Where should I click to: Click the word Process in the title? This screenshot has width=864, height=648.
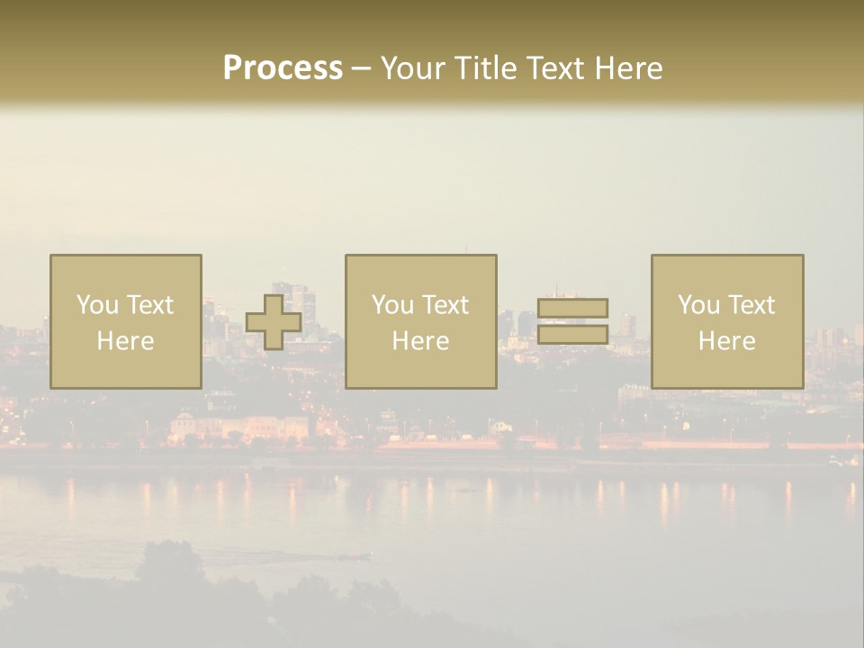pos(283,68)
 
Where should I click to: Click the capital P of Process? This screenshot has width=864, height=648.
pos(232,68)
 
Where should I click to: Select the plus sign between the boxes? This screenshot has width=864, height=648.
pos(274,322)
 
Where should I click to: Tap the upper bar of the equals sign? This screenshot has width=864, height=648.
pos(572,309)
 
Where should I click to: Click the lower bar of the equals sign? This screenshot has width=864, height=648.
pos(572,335)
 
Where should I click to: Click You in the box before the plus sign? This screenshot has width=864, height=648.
pos(96,305)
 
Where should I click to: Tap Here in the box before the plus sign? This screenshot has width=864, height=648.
pos(125,341)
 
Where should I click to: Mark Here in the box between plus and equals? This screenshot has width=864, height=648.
pos(420,341)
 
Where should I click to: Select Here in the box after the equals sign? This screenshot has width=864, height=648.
pos(726,341)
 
